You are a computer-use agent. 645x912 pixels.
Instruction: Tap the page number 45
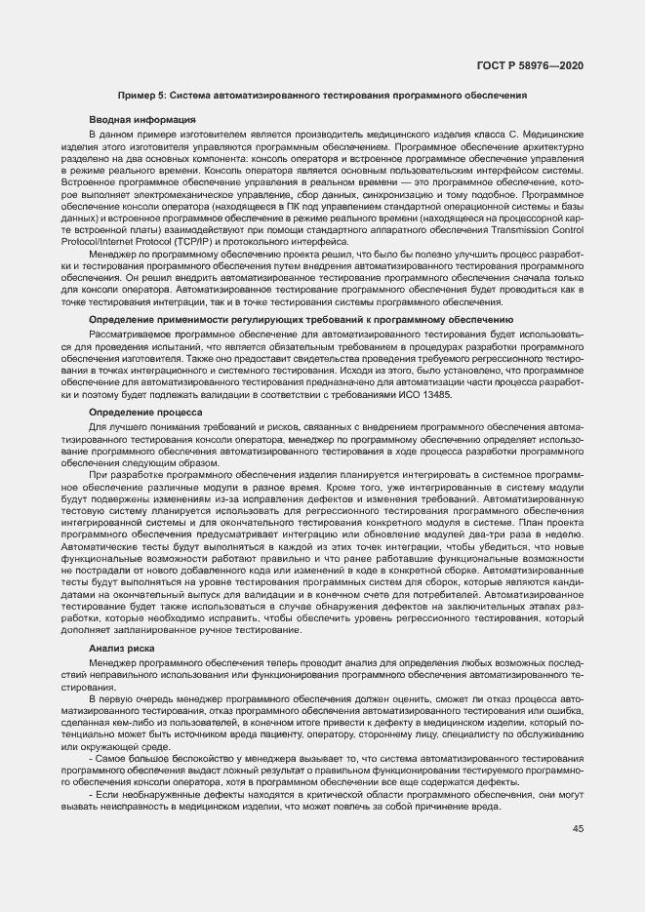578,829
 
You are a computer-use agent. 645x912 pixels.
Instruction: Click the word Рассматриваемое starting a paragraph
129,335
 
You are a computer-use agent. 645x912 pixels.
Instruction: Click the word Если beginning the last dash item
108,795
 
